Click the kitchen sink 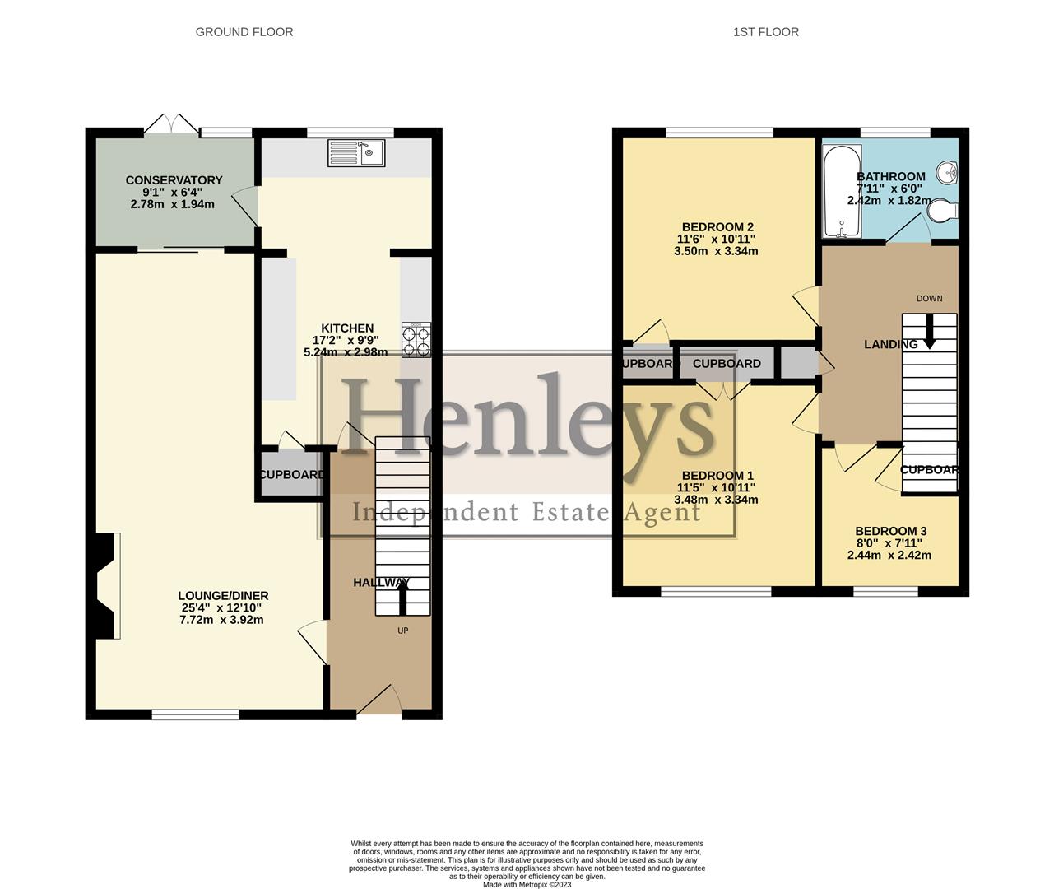(356, 153)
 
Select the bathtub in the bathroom (841, 191)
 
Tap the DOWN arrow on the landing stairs (930, 336)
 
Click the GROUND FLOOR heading (244, 32)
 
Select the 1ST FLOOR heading (766, 32)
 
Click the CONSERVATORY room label (174, 180)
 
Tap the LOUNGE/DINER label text (223, 596)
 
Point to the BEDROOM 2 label (717, 227)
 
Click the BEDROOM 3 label (890, 532)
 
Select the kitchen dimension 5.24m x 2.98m (346, 352)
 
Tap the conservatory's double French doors (171, 124)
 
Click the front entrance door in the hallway (378, 701)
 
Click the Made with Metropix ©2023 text (527, 885)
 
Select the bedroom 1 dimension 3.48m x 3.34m (716, 500)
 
